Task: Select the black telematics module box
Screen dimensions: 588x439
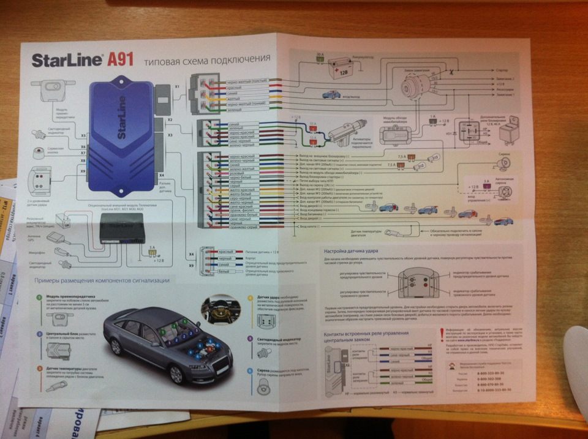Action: [x=125, y=231]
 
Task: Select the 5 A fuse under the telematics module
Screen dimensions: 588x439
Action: [x=150, y=254]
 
